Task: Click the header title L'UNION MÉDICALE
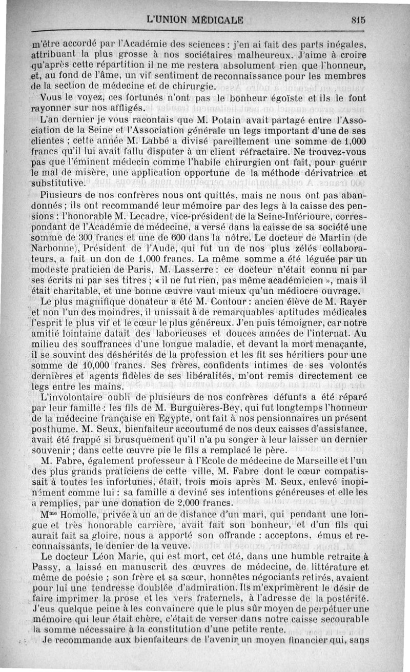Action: click(195, 21)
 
